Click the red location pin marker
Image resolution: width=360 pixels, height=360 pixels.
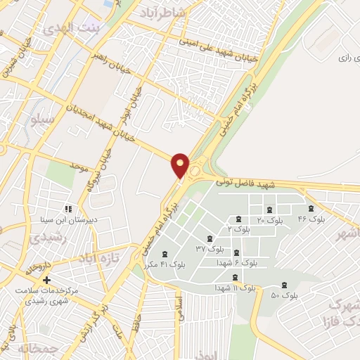181,166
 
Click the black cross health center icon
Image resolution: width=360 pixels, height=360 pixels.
46,281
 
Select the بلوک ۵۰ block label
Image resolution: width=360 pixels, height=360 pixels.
285,295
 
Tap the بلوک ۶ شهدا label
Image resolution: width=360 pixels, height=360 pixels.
240,262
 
